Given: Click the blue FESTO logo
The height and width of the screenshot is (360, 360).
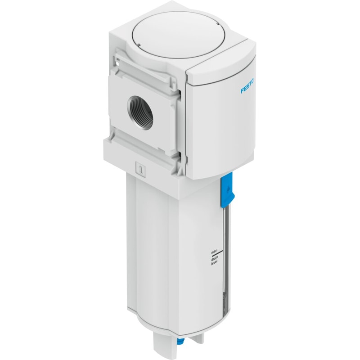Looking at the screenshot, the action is point(247,86).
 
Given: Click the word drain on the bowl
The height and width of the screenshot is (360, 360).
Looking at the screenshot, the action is point(214,259).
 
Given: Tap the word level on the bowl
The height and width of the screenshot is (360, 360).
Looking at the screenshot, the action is point(214,263).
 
